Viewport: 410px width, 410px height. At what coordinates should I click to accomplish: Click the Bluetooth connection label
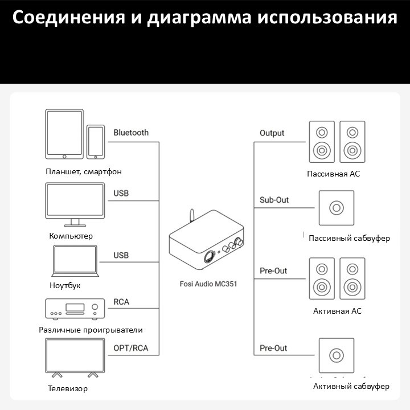[x=131, y=133]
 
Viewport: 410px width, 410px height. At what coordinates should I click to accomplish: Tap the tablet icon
[x=64, y=134]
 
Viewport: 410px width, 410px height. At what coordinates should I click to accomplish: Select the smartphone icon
[x=96, y=142]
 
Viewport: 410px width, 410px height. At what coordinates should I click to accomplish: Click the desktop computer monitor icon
[x=75, y=205]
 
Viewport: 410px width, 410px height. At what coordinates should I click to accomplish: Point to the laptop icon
[x=75, y=261]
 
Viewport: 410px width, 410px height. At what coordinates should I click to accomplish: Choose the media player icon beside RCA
[x=75, y=309]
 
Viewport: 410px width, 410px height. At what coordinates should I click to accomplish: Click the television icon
[x=75, y=358]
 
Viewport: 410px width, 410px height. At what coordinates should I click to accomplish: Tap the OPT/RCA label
[x=131, y=348]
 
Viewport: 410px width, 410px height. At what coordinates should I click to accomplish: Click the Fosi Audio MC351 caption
[x=208, y=284]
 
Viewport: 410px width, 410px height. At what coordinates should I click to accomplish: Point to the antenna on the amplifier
[x=192, y=215]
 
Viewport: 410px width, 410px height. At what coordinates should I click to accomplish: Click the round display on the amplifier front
[x=209, y=257]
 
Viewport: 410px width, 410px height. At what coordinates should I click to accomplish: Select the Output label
[x=272, y=133]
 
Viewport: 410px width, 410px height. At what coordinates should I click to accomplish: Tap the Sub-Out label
[x=274, y=200]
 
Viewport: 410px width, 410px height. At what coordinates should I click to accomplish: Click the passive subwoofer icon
[x=337, y=208]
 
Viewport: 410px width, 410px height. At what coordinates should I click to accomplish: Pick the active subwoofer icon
[x=337, y=355]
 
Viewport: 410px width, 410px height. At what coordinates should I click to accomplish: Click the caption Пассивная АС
[x=333, y=174]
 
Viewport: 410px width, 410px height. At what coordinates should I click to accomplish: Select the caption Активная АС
[x=337, y=311]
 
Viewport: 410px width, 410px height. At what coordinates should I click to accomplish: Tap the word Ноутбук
[x=65, y=285]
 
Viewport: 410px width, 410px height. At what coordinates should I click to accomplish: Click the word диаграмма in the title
[x=199, y=18]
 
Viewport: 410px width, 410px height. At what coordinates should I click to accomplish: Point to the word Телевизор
[x=67, y=388]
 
